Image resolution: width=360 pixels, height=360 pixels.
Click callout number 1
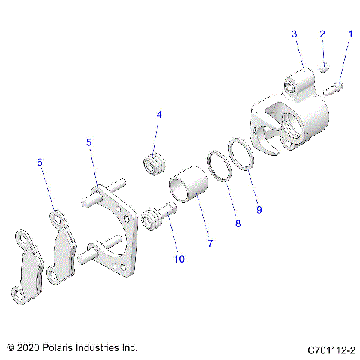pos(349,34)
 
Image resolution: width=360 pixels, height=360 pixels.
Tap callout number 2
pos(322,34)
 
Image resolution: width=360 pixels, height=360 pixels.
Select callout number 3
pos(295,34)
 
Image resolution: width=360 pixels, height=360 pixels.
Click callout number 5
pos(88,142)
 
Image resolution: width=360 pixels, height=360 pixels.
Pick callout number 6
pos(40,162)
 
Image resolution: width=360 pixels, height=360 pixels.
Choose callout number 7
pos(210,244)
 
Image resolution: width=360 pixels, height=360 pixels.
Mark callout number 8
pos(237,223)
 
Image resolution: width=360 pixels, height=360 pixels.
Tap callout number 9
pos(259,210)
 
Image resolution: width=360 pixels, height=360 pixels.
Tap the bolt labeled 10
pos(155,218)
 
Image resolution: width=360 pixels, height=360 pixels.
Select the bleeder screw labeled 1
pos(336,88)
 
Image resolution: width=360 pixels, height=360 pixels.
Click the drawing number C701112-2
pos(331,349)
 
